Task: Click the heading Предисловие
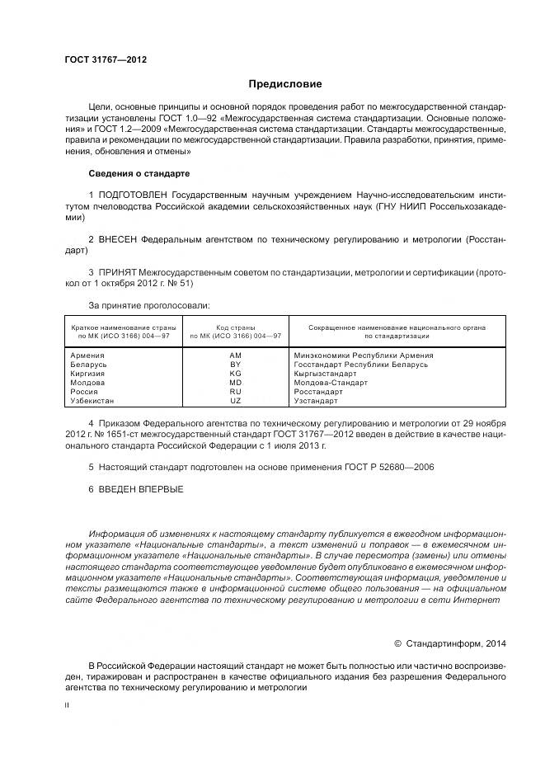click(x=285, y=84)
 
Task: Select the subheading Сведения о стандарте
click(x=139, y=174)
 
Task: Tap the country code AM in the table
click(x=235, y=355)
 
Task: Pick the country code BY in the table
click(x=235, y=365)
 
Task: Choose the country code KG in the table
click(x=235, y=374)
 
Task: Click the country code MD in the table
click(x=235, y=383)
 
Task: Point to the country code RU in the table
click(x=235, y=392)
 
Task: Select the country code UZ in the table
click(x=235, y=401)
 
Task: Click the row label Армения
click(x=87, y=355)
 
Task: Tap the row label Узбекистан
click(x=92, y=401)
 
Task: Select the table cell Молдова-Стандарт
click(x=330, y=383)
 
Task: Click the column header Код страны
click(x=235, y=327)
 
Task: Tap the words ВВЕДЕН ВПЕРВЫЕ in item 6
click(x=140, y=489)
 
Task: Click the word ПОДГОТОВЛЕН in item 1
click(x=136, y=192)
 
